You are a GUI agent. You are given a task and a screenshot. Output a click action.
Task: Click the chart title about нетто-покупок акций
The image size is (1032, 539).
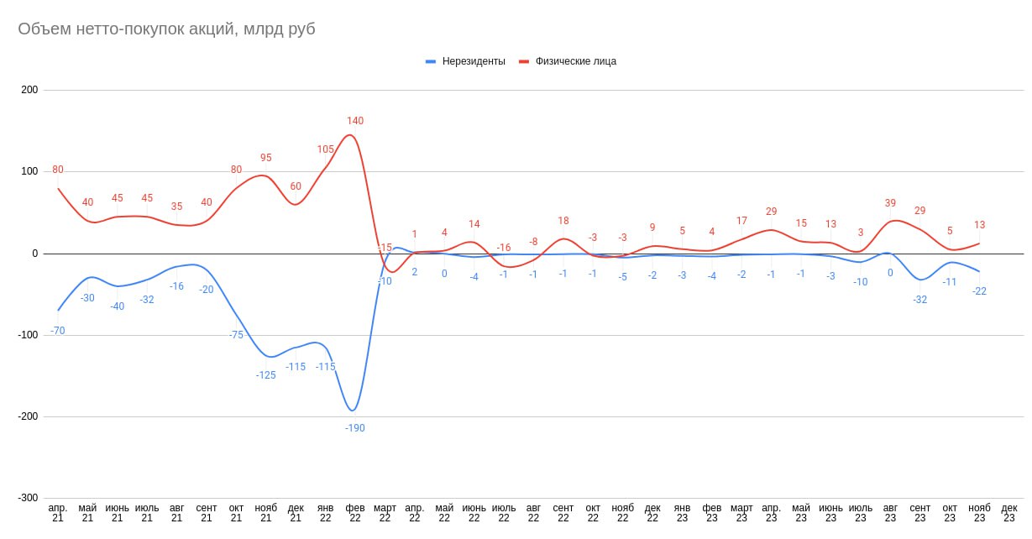point(166,29)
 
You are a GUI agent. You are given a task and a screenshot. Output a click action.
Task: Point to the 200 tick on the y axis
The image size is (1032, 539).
point(29,90)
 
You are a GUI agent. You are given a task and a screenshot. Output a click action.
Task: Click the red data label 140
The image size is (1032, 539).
point(355,121)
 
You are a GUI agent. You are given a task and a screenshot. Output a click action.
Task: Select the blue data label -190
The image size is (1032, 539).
point(355,428)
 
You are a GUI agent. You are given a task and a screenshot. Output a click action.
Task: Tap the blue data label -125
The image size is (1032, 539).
point(266,375)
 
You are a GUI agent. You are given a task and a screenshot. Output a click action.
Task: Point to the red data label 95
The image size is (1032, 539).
point(266,158)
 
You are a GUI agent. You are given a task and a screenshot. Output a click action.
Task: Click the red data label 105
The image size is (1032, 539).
point(326,149)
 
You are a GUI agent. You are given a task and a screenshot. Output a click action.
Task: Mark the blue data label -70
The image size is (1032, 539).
point(57,331)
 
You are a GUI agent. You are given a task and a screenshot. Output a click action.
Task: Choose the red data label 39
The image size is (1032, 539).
point(890,203)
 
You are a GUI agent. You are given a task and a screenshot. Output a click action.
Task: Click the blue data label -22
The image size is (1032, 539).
point(979,291)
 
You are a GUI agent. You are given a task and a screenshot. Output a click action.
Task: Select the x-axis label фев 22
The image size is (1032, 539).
point(355,513)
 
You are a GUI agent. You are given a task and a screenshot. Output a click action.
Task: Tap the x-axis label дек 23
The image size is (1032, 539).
point(1009,513)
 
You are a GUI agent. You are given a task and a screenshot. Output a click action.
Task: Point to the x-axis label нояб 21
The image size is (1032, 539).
point(266,513)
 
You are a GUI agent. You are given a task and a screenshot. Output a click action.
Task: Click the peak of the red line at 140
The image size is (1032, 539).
point(352,135)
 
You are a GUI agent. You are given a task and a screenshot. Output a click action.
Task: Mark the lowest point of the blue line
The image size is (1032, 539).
point(354,411)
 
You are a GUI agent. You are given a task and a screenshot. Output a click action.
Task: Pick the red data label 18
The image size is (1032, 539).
point(563,221)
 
